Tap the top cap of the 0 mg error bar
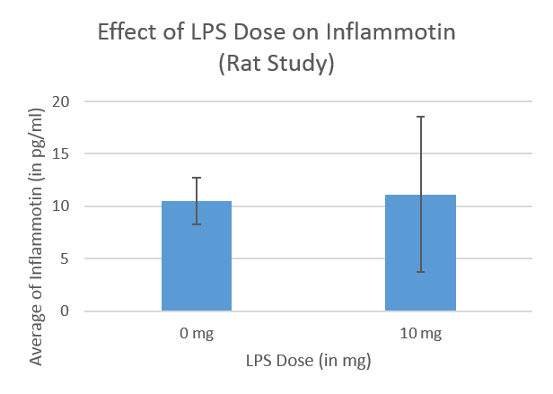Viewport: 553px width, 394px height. tap(197, 178)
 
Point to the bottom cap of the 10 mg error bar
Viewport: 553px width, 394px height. tap(420, 272)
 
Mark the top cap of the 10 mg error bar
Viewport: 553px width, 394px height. tap(420, 117)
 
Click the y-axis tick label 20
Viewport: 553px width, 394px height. tap(61, 101)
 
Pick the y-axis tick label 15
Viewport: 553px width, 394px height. tap(61, 154)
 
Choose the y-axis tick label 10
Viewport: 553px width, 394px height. tap(61, 206)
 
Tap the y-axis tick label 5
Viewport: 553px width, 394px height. tap(66, 259)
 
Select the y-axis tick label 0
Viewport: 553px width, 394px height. tap(66, 311)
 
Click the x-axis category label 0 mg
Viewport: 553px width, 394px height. tap(197, 335)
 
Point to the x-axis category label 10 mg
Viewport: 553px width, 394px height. tap(420, 335)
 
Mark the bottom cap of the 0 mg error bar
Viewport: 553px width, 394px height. tap(197, 224)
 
